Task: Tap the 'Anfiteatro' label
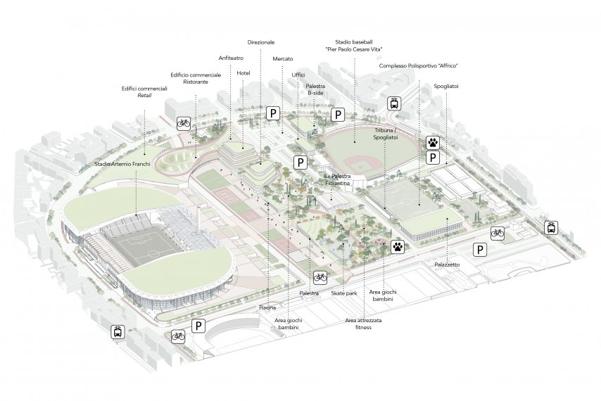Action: click(230, 58)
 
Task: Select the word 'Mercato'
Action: click(283, 58)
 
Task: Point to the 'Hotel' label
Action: click(243, 73)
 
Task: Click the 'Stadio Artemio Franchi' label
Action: click(123, 164)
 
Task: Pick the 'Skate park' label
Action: click(343, 293)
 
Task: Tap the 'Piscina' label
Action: click(267, 307)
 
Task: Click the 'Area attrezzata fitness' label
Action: click(362, 324)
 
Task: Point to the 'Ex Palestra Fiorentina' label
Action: click(336, 179)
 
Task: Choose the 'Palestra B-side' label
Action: click(315, 89)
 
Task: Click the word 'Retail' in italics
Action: click(144, 95)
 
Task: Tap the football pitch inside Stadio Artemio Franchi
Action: click(145, 246)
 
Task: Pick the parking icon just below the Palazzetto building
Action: click(480, 249)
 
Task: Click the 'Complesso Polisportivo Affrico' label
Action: click(419, 65)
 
